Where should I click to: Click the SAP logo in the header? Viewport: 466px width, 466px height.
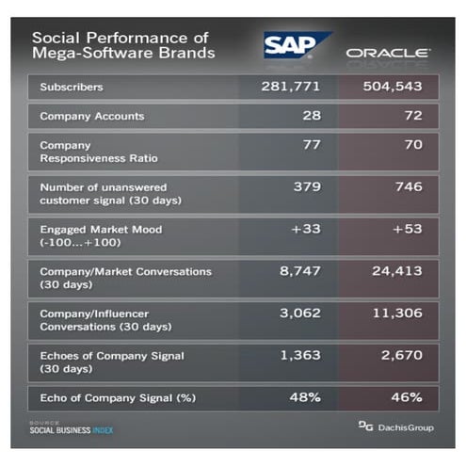(296, 45)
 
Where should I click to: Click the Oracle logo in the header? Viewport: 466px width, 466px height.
(388, 53)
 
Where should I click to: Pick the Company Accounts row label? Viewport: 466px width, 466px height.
(91, 118)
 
